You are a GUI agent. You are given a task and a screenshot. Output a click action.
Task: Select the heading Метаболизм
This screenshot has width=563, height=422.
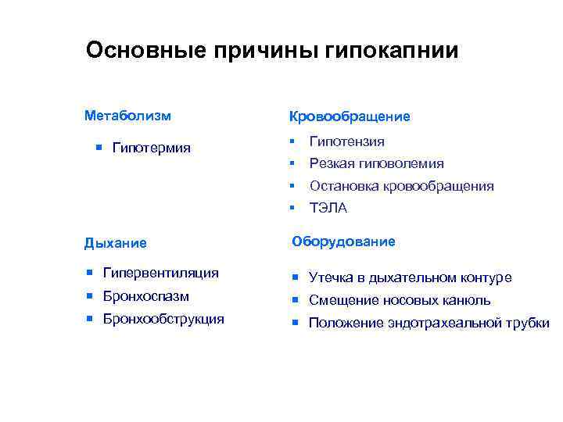pos(127,116)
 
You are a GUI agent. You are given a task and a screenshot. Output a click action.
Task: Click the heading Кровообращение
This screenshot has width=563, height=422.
pos(349,116)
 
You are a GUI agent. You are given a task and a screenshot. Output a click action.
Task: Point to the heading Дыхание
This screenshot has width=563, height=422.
pos(115,242)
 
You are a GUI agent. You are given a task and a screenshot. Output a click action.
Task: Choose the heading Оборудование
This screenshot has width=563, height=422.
pos(343,241)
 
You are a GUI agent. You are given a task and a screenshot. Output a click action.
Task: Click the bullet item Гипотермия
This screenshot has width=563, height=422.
pos(152,148)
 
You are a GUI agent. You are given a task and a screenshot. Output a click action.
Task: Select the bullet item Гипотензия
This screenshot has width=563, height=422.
pos(346,141)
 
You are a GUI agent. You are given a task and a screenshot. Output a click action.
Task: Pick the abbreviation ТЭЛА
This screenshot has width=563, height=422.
pos(328,208)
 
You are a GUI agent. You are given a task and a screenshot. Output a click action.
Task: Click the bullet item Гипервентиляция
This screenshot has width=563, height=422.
pos(161,274)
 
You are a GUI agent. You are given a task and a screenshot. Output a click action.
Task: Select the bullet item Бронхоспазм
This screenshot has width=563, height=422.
pos(146,296)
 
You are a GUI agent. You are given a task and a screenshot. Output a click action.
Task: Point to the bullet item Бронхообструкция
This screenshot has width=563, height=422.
pos(163,319)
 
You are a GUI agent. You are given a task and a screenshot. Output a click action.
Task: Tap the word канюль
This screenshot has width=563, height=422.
pos(468,300)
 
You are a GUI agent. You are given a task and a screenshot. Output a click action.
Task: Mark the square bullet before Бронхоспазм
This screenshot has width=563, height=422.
pos(89,296)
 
